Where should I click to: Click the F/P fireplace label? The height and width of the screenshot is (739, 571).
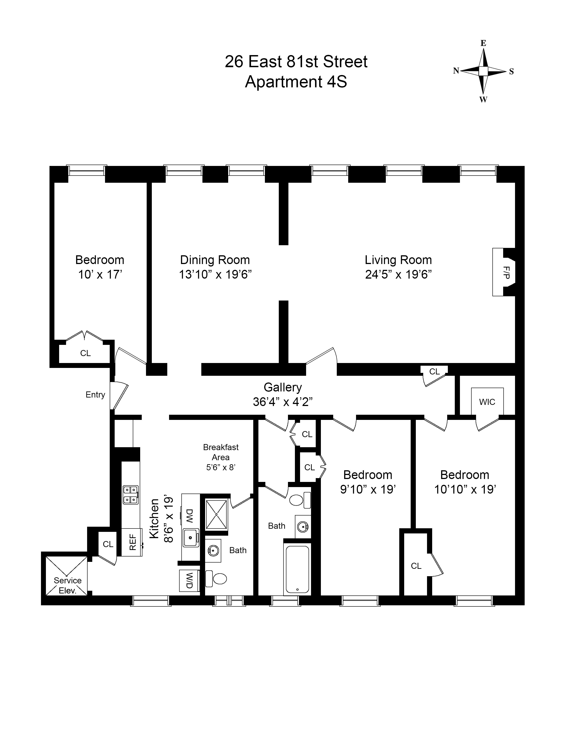506,272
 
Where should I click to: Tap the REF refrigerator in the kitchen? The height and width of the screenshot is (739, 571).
132,542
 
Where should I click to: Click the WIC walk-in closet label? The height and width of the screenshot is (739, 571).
487,402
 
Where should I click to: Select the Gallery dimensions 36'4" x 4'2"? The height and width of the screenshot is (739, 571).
282,402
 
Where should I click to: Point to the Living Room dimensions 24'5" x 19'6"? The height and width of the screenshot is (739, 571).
398,274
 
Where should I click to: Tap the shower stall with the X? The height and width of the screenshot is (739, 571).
217,514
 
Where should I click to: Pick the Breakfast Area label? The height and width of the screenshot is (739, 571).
221,452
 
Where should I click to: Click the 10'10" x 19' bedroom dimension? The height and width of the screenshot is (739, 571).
465,490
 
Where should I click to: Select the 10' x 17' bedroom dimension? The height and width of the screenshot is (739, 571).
100,274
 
